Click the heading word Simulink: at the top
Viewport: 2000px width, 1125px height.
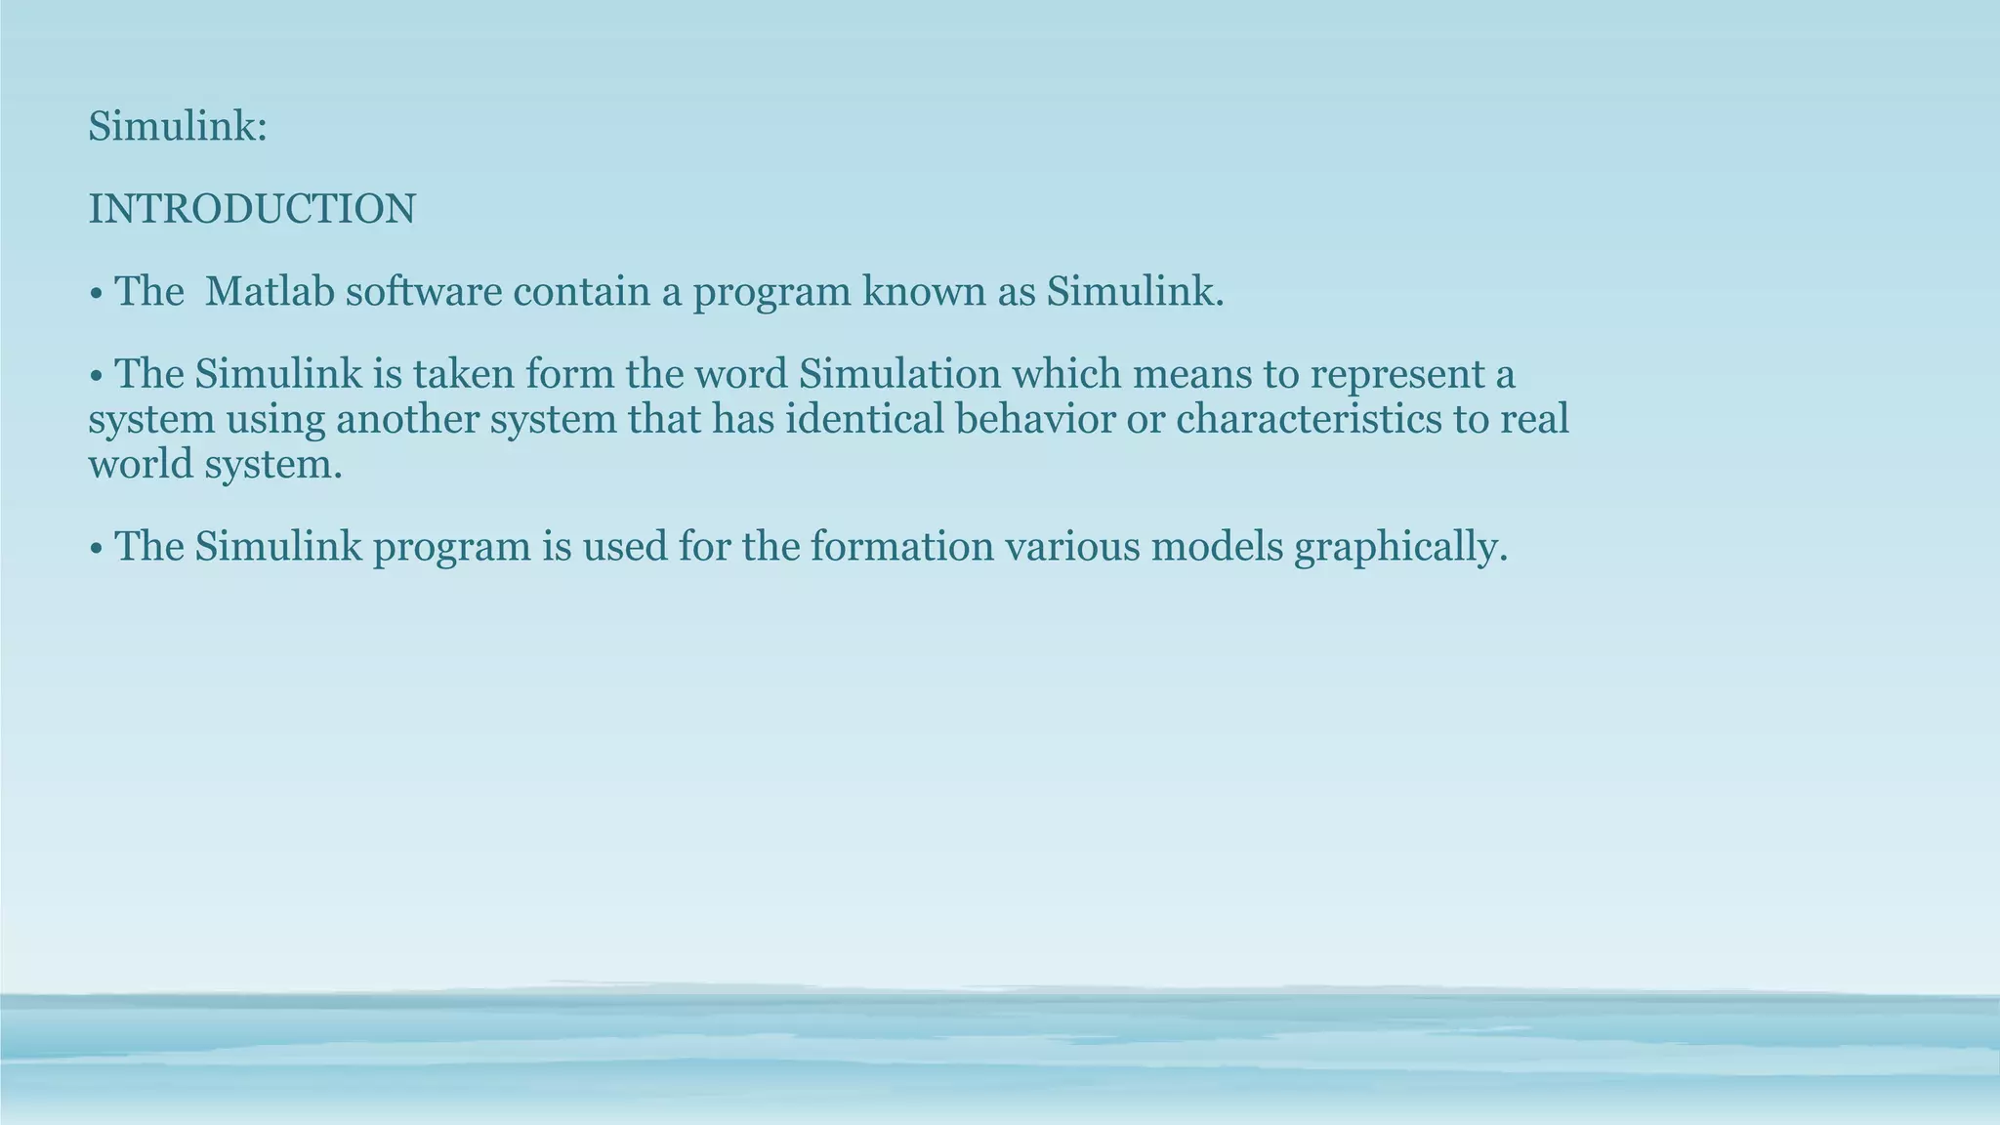(177, 127)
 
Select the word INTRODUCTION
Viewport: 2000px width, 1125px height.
(252, 209)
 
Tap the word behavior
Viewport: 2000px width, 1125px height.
(1033, 419)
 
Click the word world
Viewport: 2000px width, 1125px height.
(141, 464)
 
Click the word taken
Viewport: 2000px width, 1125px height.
(463, 374)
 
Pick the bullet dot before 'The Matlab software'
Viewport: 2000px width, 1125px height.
(96, 293)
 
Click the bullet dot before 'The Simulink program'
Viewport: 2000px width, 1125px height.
(96, 548)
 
